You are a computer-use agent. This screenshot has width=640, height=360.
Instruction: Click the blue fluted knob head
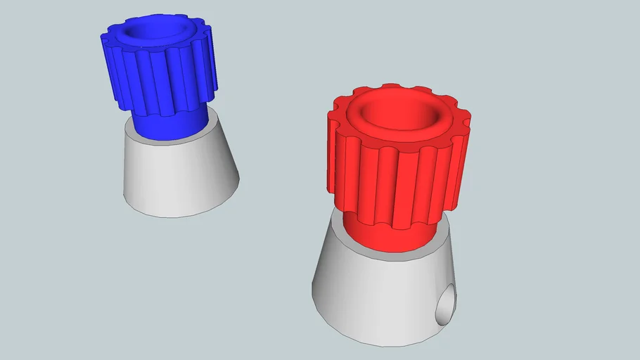(x=158, y=77)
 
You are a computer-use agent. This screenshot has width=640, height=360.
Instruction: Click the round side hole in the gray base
(x=444, y=307)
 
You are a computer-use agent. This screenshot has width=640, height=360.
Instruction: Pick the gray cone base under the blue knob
(x=181, y=176)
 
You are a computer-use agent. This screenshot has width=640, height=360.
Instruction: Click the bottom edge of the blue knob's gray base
(x=176, y=214)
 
